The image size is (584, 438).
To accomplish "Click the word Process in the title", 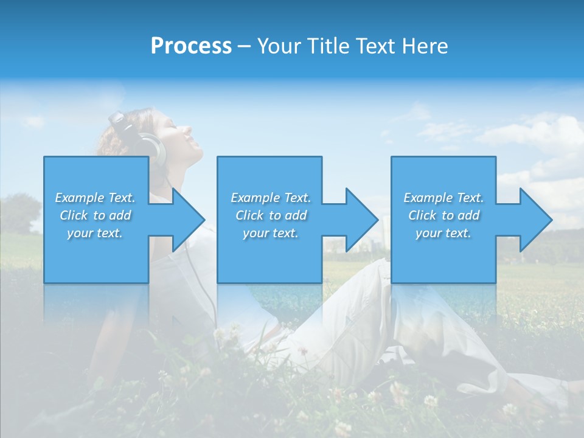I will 191,46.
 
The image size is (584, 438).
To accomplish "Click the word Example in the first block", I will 79,198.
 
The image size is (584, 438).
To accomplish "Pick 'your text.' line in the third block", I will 443,233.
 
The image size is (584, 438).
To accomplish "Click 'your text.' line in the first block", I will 95,233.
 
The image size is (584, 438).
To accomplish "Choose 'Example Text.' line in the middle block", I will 270,198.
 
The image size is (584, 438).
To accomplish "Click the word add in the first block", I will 120,215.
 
